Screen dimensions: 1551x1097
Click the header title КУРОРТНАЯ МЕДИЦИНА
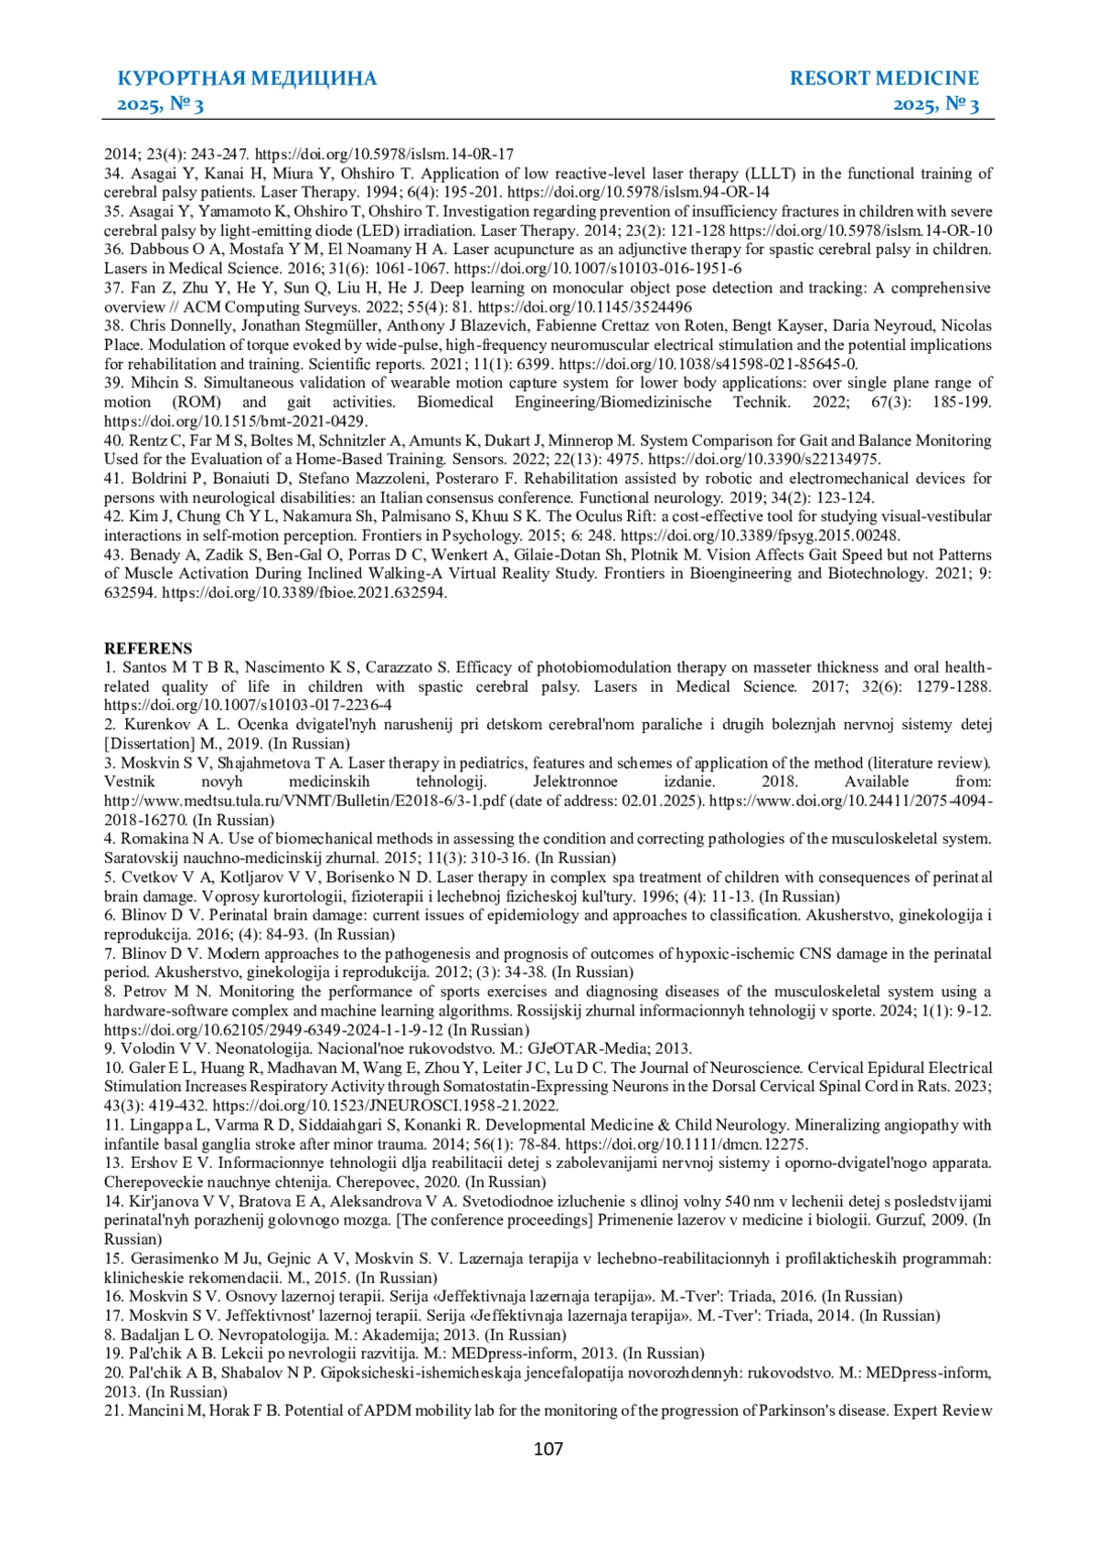click(247, 79)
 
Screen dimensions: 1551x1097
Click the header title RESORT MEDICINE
click(884, 79)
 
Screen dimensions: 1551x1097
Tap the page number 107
click(548, 1449)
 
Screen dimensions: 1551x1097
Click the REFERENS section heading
click(148, 648)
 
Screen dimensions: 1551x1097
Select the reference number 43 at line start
click(113, 555)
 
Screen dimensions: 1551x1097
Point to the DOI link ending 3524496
click(585, 307)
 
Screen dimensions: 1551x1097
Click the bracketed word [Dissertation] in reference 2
click(150, 744)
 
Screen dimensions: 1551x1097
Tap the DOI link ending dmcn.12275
click(687, 1144)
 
